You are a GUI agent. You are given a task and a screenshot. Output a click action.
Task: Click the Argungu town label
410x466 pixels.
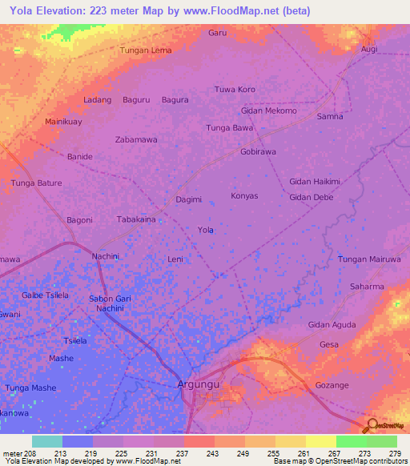coord(199,385)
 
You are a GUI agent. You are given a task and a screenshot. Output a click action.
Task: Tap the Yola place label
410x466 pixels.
coord(206,230)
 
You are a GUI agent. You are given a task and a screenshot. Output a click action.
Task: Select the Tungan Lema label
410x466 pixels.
coord(146,50)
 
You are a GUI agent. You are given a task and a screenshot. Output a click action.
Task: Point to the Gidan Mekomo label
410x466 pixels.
coord(269,110)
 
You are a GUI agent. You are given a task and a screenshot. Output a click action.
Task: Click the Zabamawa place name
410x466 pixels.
coord(136,139)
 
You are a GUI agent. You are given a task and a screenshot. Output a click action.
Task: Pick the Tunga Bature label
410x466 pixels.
coord(36,183)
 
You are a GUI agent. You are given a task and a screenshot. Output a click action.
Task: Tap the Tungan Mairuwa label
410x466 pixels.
coord(368,259)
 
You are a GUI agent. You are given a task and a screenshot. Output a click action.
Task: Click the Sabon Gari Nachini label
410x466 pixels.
coord(105,303)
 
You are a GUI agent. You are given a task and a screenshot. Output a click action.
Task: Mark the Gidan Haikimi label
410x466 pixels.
coord(315,181)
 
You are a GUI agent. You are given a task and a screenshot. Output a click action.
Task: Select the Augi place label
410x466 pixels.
coord(369,49)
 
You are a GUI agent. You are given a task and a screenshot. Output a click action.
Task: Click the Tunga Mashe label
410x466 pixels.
coord(31,388)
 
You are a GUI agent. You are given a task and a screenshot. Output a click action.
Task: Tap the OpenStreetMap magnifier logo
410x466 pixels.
coord(372,426)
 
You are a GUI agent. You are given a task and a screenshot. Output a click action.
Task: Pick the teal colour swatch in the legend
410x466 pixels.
coord(46,441)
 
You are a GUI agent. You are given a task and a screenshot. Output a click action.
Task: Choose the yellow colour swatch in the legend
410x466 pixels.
coord(320,441)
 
